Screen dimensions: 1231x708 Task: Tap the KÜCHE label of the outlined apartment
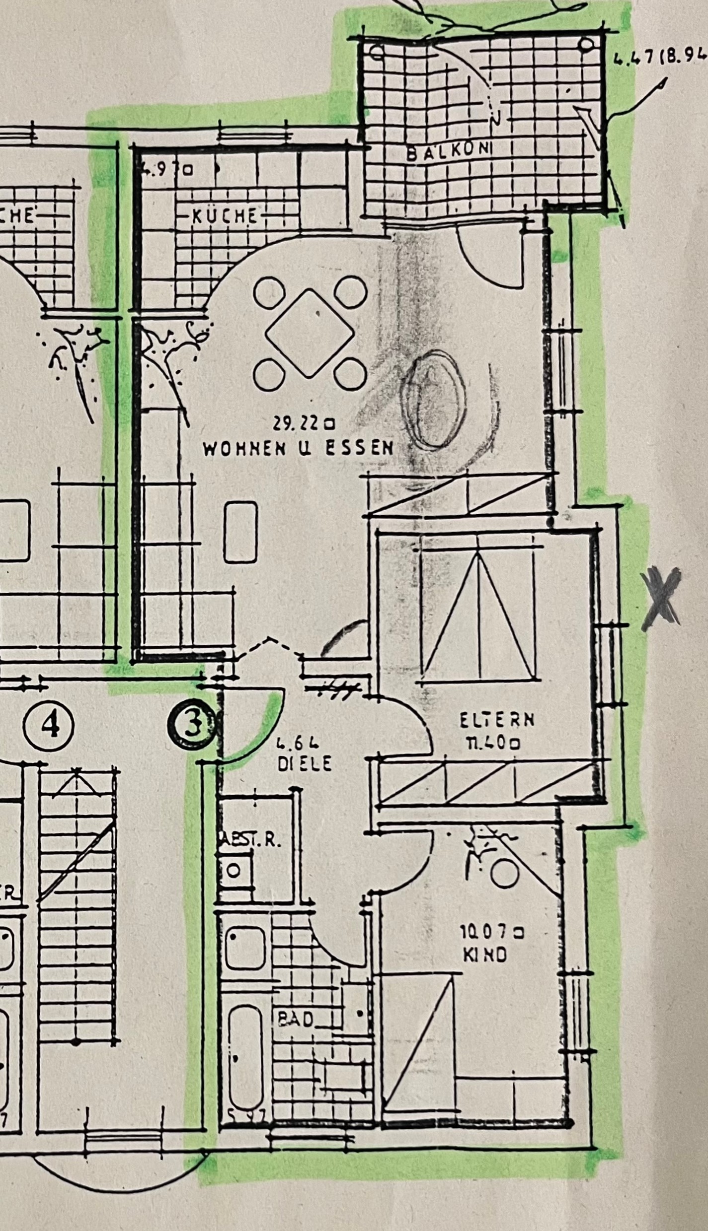click(225, 216)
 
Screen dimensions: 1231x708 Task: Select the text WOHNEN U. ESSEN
click(299, 448)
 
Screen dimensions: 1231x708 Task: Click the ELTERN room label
click(497, 720)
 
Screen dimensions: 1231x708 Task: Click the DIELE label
click(305, 763)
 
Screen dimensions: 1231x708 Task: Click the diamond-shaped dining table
click(310, 333)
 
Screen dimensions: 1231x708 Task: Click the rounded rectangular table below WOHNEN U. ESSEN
click(241, 531)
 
